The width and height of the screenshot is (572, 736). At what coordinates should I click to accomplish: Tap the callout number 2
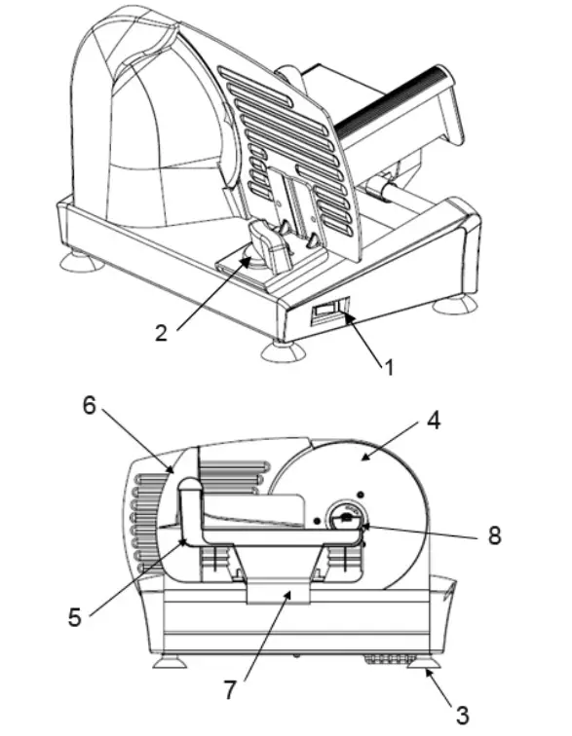(x=162, y=331)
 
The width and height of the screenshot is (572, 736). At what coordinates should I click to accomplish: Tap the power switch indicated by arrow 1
(x=329, y=313)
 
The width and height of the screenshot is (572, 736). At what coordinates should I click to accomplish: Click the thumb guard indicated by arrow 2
(x=266, y=246)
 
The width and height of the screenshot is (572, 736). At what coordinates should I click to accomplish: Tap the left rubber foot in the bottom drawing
(x=168, y=662)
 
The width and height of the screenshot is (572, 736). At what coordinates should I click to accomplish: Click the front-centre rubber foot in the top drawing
(x=282, y=350)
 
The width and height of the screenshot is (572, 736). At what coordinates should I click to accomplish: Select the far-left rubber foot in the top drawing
(x=80, y=261)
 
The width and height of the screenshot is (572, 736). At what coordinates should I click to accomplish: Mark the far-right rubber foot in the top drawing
(x=454, y=305)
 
